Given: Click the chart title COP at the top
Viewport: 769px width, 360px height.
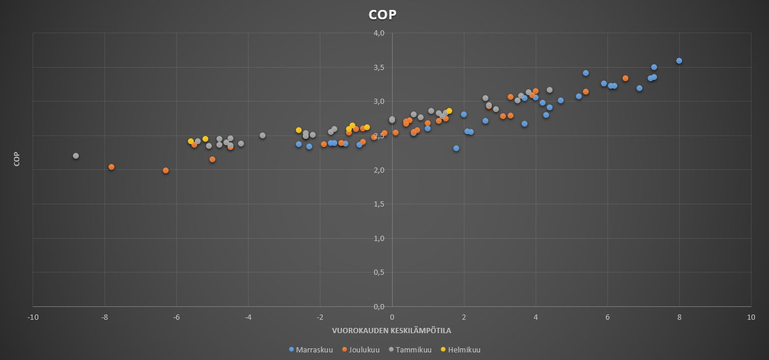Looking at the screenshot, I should (382, 15).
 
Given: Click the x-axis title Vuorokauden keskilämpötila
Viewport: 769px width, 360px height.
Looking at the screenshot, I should (392, 331).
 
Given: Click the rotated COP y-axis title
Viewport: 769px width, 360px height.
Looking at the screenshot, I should (17, 159).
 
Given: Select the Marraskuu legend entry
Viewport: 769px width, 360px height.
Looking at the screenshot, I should (311, 349).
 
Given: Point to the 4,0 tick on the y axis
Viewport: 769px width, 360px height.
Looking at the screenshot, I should (379, 33).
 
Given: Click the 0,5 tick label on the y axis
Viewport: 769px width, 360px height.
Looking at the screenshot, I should (379, 272).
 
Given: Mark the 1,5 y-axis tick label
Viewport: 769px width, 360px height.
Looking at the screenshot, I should (379, 204).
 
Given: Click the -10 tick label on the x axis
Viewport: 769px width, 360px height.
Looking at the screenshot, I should (33, 317).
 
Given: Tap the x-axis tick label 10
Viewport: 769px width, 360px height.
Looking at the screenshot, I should (751, 317).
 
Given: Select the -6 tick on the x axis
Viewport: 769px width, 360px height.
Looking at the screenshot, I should (176, 317).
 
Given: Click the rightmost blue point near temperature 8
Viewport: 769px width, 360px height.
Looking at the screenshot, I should (679, 61).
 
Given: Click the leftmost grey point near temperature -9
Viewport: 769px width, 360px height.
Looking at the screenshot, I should (76, 156).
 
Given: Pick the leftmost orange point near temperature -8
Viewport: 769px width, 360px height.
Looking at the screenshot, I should (111, 167).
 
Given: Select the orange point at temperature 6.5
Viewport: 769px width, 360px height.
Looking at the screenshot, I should (625, 78).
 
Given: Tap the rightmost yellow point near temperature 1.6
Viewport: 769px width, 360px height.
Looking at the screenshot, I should (449, 111).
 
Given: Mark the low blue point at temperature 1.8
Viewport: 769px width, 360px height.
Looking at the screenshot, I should (456, 148).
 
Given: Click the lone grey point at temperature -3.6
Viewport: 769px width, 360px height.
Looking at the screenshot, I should (263, 135).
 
